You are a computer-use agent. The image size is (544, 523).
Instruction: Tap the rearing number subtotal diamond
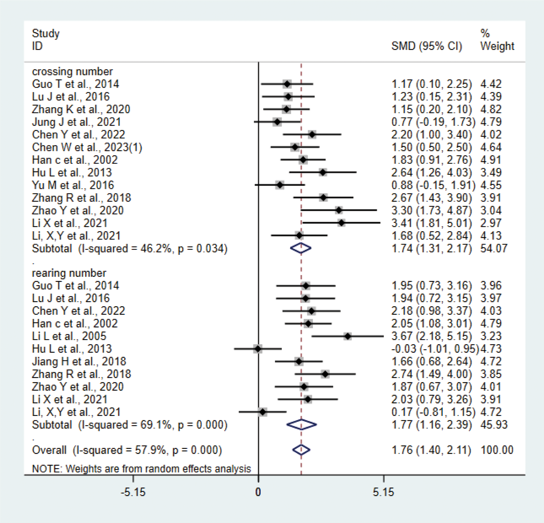(301, 424)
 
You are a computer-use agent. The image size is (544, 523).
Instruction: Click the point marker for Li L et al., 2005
(348, 336)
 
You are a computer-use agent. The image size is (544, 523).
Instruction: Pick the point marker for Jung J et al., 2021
(277, 122)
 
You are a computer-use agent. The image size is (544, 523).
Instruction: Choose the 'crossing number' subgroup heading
(72, 72)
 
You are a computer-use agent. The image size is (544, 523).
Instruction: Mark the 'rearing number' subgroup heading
(69, 273)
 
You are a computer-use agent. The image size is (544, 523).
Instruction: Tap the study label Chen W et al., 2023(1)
(87, 147)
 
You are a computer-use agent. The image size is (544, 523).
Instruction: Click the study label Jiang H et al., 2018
(79, 362)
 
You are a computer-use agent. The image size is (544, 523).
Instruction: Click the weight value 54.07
(494, 248)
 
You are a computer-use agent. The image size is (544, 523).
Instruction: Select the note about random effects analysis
(141, 469)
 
